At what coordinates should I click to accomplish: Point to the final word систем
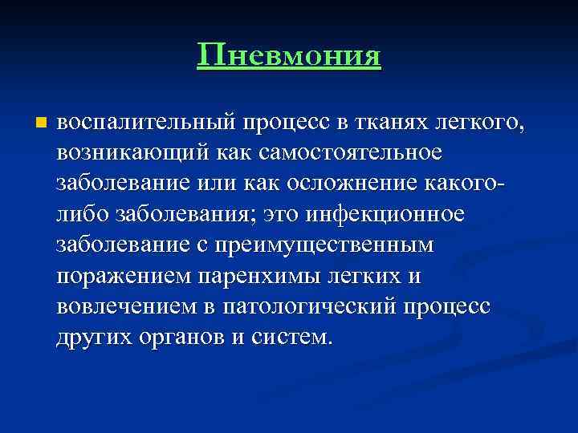(294, 336)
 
